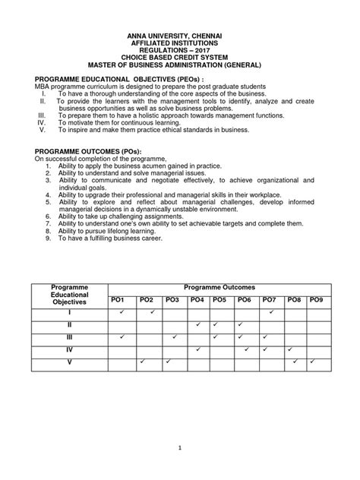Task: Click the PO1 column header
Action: [x=118, y=301]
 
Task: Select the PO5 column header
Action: [x=219, y=301]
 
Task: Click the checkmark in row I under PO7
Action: [x=271, y=312]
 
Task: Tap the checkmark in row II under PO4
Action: [x=197, y=324]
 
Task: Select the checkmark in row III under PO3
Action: [x=173, y=337]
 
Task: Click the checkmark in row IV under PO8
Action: [x=291, y=349]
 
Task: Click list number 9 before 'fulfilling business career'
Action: [x=49, y=238]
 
